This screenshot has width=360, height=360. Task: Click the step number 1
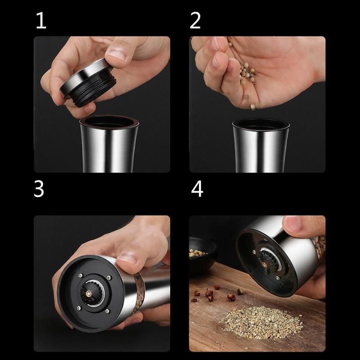coord(41,20)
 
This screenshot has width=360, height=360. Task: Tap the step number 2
coord(195,20)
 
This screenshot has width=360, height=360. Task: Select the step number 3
coord(39,189)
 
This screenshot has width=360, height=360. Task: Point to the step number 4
coord(197,189)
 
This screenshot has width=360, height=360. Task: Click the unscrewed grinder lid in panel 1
coord(88,82)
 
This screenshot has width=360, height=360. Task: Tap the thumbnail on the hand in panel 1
coord(116,54)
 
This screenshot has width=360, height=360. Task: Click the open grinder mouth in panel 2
coord(261,125)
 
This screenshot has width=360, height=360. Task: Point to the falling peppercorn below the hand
coord(252,107)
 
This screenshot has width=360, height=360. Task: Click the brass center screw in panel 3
coord(88,293)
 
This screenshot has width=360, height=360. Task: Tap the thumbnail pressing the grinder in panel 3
coord(126,260)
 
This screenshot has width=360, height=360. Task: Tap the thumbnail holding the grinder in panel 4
coord(292,224)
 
